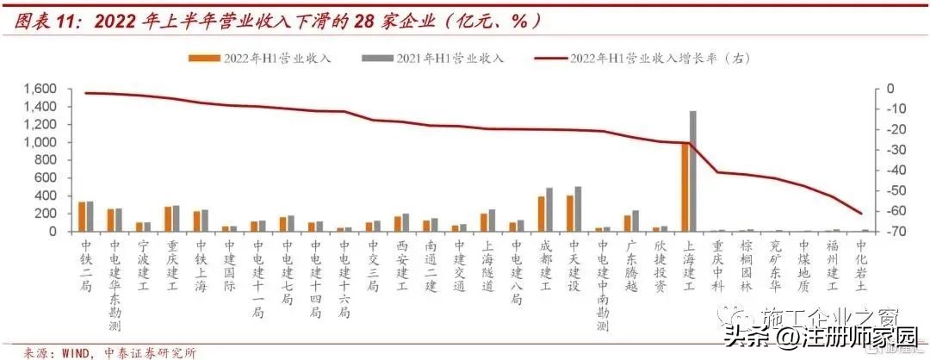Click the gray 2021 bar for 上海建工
(692, 171)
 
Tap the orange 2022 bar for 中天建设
(570, 214)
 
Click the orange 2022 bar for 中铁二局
(82, 216)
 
